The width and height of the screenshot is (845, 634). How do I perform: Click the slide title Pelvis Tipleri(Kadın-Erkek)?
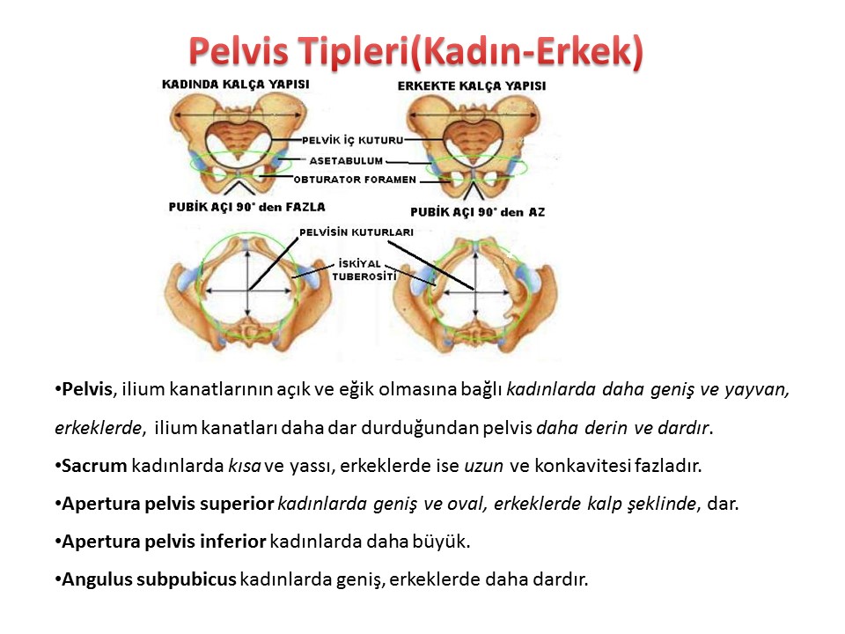pyautogui.click(x=415, y=51)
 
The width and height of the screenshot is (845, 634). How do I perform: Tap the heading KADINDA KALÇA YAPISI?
pyautogui.click(x=236, y=85)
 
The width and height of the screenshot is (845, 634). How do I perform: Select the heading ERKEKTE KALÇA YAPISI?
pyautogui.click(x=472, y=86)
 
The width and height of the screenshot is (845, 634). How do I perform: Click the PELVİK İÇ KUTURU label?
pyautogui.click(x=352, y=141)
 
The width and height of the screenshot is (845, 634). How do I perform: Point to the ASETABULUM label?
pyautogui.click(x=346, y=160)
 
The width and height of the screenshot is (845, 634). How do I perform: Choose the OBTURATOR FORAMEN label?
pyautogui.click(x=355, y=180)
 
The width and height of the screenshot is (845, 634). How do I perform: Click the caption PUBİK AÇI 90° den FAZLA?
pyautogui.click(x=246, y=207)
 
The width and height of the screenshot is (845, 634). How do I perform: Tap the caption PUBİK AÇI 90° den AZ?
pyautogui.click(x=477, y=212)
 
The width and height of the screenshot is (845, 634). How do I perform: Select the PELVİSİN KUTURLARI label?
pyautogui.click(x=356, y=232)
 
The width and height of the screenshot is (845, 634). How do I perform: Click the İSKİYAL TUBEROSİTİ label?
pyautogui.click(x=364, y=270)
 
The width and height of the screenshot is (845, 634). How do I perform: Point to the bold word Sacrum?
pyautogui.click(x=94, y=465)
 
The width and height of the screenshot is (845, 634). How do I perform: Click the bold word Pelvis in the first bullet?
pyautogui.click(x=87, y=388)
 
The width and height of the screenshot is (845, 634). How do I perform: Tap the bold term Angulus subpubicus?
pyautogui.click(x=149, y=579)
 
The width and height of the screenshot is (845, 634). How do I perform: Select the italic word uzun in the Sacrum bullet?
pyautogui.click(x=483, y=466)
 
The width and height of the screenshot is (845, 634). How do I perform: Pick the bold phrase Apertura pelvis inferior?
pyautogui.click(x=164, y=542)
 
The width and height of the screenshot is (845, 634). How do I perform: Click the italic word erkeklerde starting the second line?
pyautogui.click(x=99, y=428)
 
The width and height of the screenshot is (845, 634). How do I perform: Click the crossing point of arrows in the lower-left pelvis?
pyautogui.click(x=248, y=291)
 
